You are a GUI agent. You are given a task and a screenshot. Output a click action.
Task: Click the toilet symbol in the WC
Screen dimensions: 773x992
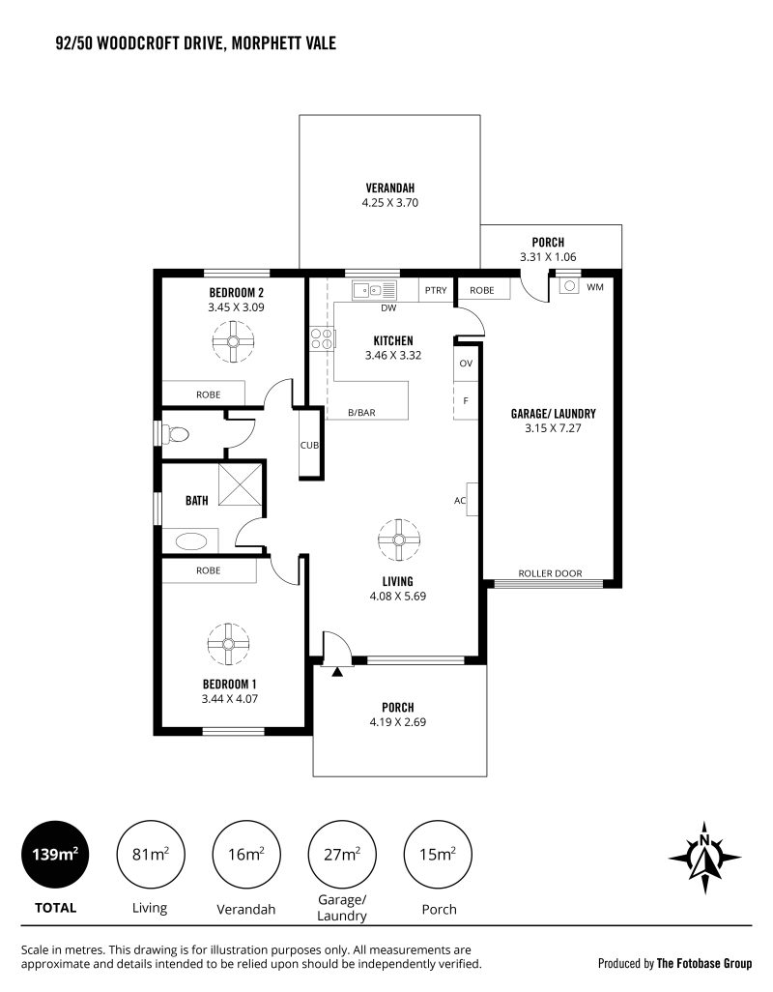176,434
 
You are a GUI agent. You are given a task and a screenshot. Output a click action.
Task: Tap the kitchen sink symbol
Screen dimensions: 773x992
374,290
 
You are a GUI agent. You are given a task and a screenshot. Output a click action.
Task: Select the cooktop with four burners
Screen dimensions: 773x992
322,337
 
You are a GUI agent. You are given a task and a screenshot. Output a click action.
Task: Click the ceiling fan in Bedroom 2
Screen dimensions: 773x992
233,341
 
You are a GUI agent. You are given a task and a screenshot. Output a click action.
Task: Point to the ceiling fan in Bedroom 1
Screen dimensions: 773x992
228,644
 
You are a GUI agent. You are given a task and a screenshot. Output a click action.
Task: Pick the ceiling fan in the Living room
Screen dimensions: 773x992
399,540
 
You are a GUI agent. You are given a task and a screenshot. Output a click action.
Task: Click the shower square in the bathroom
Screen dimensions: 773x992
240,484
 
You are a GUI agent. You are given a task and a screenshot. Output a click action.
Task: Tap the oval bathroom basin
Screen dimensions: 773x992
191,541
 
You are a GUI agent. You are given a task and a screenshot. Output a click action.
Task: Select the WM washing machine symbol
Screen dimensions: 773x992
569,286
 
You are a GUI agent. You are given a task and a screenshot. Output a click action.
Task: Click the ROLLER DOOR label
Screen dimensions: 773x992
550,573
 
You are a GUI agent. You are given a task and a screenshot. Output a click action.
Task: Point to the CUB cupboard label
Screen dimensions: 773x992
309,446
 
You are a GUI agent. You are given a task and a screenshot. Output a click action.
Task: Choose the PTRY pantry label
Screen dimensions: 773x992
436,290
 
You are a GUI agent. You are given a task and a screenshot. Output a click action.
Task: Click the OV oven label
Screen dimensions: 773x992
466,364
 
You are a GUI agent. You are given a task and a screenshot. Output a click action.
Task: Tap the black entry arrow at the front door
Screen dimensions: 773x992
337,672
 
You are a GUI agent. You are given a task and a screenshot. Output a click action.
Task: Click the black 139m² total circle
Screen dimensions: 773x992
56,855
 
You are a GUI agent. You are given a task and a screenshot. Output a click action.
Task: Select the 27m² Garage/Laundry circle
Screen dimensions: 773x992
342,855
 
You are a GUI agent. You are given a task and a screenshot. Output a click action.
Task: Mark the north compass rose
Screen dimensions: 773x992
704,858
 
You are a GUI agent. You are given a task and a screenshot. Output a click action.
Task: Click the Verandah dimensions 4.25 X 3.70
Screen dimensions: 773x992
390,203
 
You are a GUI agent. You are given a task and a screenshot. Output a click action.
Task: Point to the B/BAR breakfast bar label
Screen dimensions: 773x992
361,413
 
